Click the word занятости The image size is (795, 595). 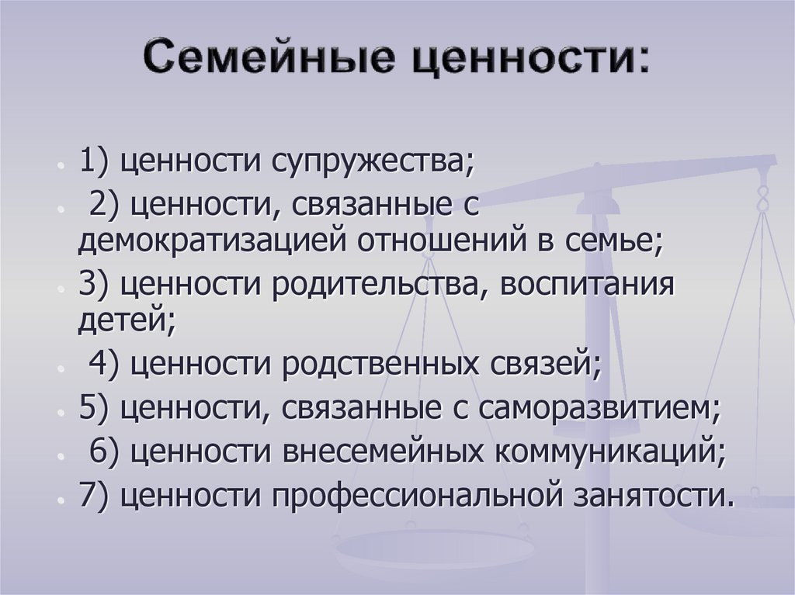tap(657, 494)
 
